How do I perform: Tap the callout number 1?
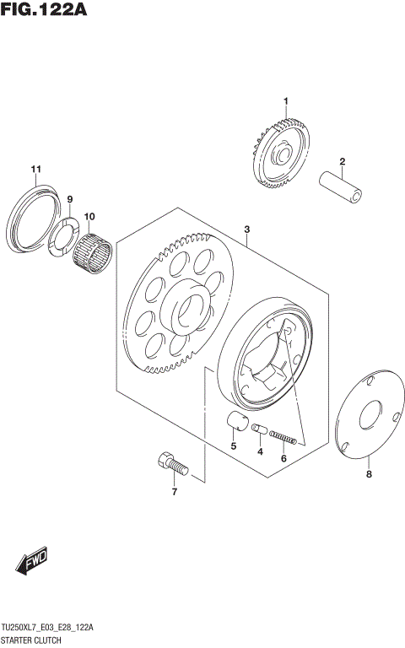285,102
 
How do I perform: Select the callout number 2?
343,162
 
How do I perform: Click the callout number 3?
247,229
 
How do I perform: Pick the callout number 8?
368,475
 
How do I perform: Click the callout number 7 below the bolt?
175,492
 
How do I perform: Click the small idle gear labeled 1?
282,154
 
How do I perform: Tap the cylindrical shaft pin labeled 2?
343,188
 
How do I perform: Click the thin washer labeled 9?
65,234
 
